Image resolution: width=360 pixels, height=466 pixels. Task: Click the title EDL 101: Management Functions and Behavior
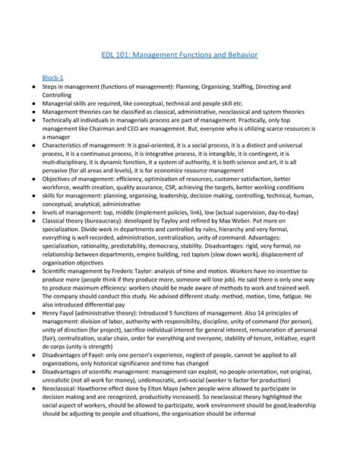point(180,55)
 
